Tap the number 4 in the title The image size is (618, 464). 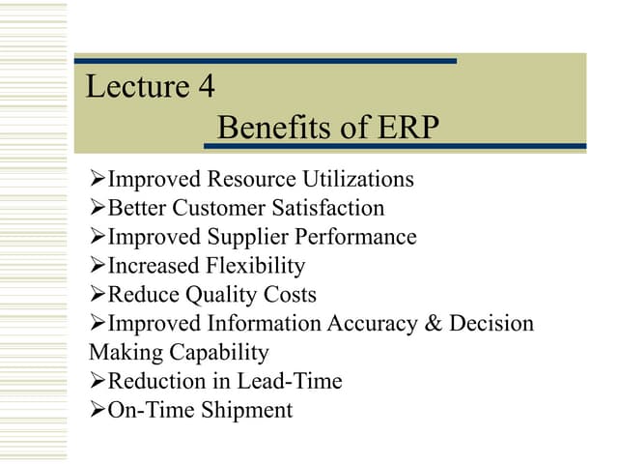[x=207, y=87]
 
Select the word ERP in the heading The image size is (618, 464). [x=405, y=128]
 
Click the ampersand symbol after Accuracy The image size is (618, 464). [x=432, y=323]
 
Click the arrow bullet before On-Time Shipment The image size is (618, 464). [x=97, y=410]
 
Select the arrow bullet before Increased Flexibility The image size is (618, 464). [x=97, y=266]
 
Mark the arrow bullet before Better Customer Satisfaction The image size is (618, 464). [x=97, y=208]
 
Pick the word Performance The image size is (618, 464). [x=369, y=237]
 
